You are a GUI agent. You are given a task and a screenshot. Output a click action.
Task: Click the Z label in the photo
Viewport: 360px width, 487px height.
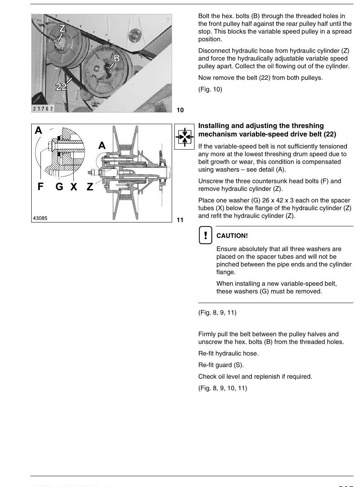tap(63, 28)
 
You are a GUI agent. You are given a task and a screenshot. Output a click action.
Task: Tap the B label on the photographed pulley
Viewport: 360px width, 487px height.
tap(117, 58)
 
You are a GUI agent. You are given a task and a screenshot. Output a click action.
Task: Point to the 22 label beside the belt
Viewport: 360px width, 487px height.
tap(61, 87)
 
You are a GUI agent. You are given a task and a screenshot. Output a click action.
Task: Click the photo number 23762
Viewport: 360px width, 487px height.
tap(43, 109)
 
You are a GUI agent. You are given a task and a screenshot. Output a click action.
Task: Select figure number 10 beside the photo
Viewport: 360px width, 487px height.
tap(180, 110)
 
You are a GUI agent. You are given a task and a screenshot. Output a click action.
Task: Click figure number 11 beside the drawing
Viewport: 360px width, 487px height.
tap(180, 220)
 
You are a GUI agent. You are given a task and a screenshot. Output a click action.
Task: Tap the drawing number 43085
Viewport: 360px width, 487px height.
tap(40, 218)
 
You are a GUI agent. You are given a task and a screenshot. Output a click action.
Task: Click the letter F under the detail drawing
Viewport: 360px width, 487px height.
tap(41, 186)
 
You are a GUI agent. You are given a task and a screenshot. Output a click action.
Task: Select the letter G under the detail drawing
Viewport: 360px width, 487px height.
tap(59, 187)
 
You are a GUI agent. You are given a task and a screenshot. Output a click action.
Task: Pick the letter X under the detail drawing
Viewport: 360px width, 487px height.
tap(74, 187)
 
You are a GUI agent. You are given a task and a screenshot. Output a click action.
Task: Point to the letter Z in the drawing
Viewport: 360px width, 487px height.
tap(90, 187)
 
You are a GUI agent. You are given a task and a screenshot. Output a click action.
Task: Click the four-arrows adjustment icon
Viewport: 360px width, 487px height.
tap(184, 137)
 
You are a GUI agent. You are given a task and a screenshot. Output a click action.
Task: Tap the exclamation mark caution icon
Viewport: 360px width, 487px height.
tap(206, 235)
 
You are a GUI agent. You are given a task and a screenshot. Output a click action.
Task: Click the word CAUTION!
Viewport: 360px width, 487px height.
tap(232, 236)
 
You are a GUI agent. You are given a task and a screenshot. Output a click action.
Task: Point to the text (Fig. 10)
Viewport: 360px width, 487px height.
tap(210, 89)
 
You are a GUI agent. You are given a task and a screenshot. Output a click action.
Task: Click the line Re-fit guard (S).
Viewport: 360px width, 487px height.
tap(221, 365)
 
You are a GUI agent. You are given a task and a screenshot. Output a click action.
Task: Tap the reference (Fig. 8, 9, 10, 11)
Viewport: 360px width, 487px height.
tap(223, 388)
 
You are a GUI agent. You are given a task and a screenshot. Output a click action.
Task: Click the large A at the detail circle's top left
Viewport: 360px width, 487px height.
tap(39, 130)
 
